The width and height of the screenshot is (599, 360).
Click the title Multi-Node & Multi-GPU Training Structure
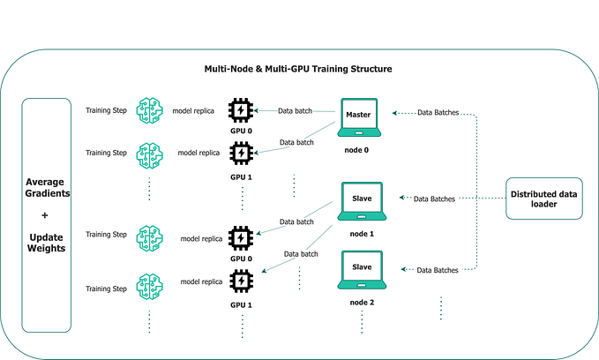(x=299, y=69)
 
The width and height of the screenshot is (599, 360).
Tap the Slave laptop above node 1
(x=361, y=201)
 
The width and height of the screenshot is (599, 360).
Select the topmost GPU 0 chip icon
(x=241, y=110)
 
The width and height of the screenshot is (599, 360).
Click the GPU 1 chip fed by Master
(x=241, y=154)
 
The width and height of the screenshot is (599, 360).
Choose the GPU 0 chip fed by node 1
(x=241, y=237)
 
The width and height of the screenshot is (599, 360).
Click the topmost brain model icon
(x=150, y=110)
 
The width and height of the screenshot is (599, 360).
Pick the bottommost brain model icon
(x=150, y=287)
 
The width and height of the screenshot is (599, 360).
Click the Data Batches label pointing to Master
(x=438, y=113)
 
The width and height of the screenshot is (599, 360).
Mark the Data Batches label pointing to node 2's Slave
(x=438, y=269)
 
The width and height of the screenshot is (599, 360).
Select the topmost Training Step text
(x=106, y=110)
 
